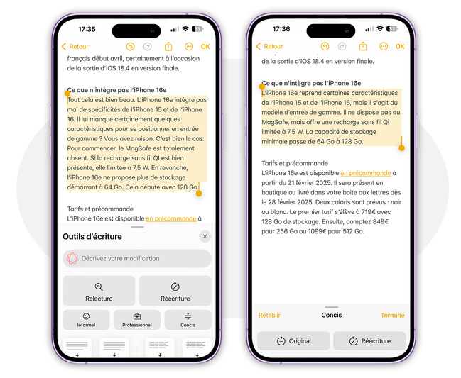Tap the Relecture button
(x=99, y=291)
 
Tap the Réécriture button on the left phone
(x=175, y=291)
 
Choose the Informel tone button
(x=86, y=320)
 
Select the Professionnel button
(x=137, y=320)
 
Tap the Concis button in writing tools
(x=188, y=320)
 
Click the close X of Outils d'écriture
(x=205, y=236)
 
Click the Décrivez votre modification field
(x=137, y=258)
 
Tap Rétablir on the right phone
(x=269, y=315)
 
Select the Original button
(x=293, y=340)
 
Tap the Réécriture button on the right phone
(x=369, y=340)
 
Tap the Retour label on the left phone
(x=79, y=47)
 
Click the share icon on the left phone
(x=168, y=46)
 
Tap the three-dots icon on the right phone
(x=384, y=46)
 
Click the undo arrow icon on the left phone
(x=130, y=47)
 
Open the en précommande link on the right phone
(x=366, y=173)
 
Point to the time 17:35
(x=87, y=29)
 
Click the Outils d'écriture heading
(x=92, y=237)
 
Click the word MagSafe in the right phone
(x=274, y=122)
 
